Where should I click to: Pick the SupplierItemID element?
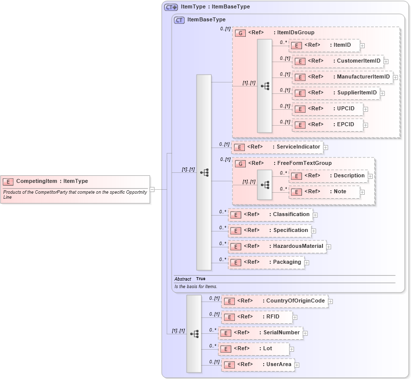(336, 93)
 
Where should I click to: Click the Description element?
(328, 176)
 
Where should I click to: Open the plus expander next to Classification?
(315, 215)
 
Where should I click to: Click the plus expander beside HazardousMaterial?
(328, 247)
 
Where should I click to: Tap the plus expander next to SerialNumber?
(305, 333)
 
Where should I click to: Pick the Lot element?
(254, 349)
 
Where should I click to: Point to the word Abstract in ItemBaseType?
(182, 279)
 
